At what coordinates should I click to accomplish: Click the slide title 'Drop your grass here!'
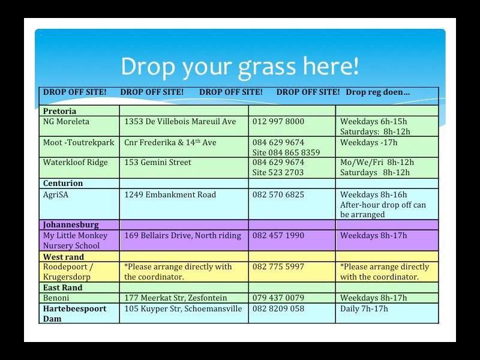(x=239, y=67)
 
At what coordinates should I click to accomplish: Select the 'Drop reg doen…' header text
(x=377, y=92)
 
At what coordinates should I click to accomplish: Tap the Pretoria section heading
(x=59, y=111)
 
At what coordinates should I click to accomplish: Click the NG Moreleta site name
(x=66, y=122)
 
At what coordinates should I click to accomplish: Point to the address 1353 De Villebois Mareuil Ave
(x=180, y=122)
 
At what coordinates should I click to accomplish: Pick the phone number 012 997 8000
(x=278, y=122)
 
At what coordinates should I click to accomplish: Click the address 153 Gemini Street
(x=158, y=162)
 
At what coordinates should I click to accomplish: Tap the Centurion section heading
(x=63, y=183)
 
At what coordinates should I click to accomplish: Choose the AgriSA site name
(x=56, y=194)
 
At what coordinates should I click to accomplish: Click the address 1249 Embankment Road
(x=170, y=194)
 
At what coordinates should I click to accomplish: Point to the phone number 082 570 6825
(x=278, y=194)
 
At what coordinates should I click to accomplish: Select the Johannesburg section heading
(x=71, y=225)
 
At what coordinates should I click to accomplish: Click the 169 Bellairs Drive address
(x=183, y=235)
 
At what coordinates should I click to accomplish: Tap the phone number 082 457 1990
(x=278, y=235)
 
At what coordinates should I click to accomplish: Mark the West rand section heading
(x=64, y=257)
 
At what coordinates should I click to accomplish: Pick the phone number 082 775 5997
(x=278, y=266)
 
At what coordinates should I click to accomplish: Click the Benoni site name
(x=56, y=298)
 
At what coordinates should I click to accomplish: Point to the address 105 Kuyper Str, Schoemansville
(x=183, y=308)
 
